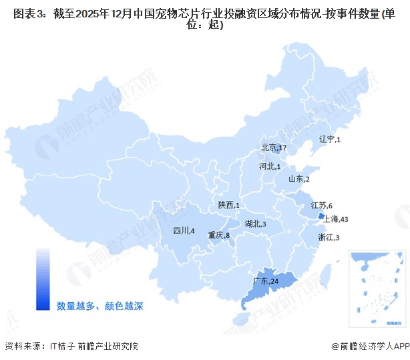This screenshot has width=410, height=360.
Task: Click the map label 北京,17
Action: point(274,148)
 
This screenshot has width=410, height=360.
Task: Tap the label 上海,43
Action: point(336,219)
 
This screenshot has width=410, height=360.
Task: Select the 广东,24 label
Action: point(265,281)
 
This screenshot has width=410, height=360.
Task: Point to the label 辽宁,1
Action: point(330,140)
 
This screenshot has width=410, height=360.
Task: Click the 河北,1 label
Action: point(269,166)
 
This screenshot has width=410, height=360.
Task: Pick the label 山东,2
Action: point(298,179)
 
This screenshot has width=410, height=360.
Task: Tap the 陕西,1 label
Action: point(228,205)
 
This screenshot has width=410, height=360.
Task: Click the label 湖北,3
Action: point(255,224)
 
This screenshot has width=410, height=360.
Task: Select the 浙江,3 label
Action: point(329,238)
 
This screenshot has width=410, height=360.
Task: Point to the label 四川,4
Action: point(184,231)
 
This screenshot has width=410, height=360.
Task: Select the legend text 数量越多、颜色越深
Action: point(100,306)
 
